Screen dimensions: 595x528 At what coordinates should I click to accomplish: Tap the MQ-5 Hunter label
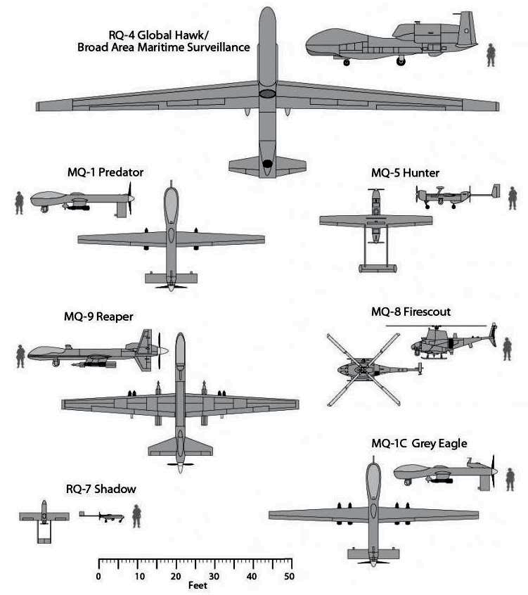(x=406, y=172)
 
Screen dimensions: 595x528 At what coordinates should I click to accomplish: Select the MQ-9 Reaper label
(x=98, y=316)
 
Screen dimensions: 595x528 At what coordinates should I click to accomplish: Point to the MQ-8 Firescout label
(x=411, y=312)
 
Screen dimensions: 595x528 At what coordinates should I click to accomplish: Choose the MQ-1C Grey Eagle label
(x=419, y=443)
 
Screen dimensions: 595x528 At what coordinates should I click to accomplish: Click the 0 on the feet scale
(x=98, y=577)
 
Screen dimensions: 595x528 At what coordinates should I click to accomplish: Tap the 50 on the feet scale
(x=288, y=577)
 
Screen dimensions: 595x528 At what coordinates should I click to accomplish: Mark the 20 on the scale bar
(x=174, y=577)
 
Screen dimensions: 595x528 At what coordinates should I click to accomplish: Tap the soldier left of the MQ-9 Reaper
(x=20, y=356)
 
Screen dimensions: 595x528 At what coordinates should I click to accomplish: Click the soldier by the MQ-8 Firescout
(x=506, y=349)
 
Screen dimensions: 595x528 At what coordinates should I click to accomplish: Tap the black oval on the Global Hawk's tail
(x=267, y=165)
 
